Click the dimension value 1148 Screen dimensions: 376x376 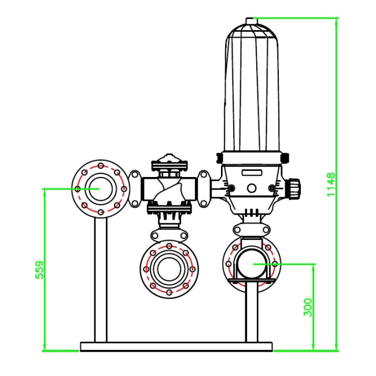coord(331,184)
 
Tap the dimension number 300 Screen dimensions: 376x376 coord(308,307)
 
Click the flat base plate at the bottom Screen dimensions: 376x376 coord(176,346)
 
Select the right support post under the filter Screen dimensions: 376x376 coord(252,315)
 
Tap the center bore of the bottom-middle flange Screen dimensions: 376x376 coord(169,268)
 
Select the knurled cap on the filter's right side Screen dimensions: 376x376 coord(294,187)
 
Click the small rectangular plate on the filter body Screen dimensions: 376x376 coord(252,173)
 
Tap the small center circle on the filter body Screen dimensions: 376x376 coord(252,188)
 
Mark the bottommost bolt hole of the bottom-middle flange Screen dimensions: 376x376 coord(169,293)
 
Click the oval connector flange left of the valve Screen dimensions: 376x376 coord(135,187)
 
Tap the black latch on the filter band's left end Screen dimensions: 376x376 coord(219,157)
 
